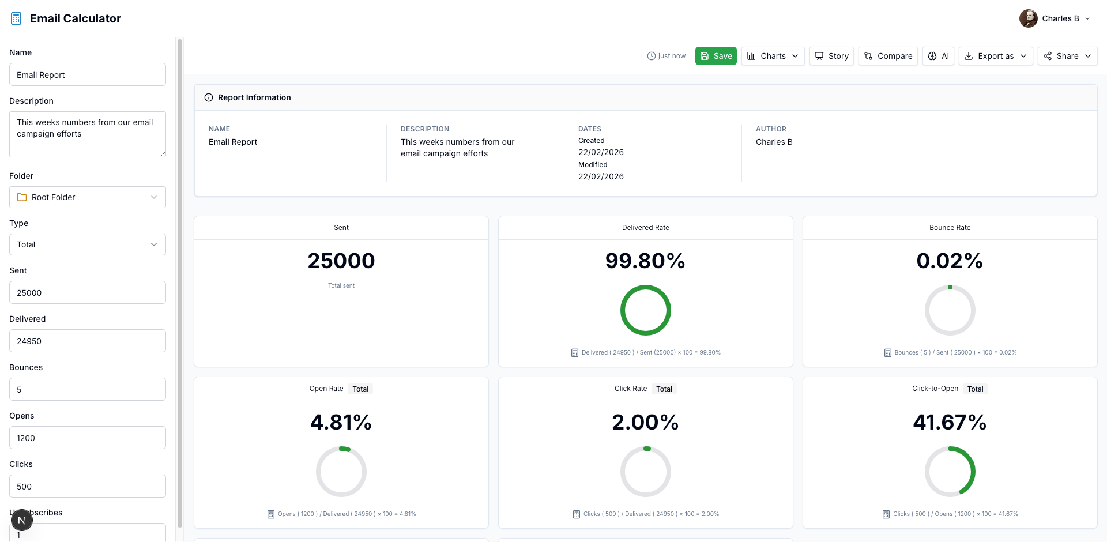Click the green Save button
click(716, 56)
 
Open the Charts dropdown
click(773, 56)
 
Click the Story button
click(831, 56)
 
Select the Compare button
click(888, 56)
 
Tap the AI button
click(938, 56)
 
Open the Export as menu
click(996, 56)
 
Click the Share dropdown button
click(1067, 56)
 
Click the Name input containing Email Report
click(88, 75)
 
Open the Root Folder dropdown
click(88, 197)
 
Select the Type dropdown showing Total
click(88, 244)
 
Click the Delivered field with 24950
click(88, 341)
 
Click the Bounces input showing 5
click(88, 390)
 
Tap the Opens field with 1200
click(88, 438)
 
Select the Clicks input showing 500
click(88, 487)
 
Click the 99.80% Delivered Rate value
click(645, 261)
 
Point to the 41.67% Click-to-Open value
click(950, 423)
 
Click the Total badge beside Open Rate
click(360, 389)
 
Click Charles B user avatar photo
click(1028, 18)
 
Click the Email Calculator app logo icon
click(16, 18)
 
